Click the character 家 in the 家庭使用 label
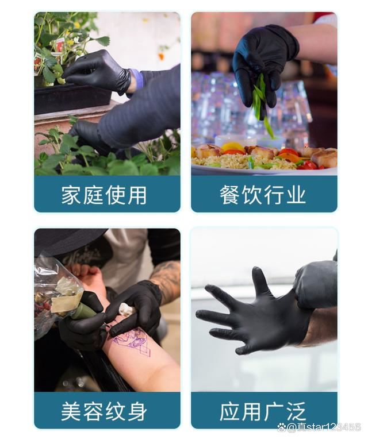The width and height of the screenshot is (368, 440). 71,195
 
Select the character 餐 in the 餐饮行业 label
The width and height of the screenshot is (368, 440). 229,195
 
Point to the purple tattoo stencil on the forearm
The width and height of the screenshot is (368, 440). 133,342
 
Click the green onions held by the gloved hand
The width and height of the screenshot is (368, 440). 260,98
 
